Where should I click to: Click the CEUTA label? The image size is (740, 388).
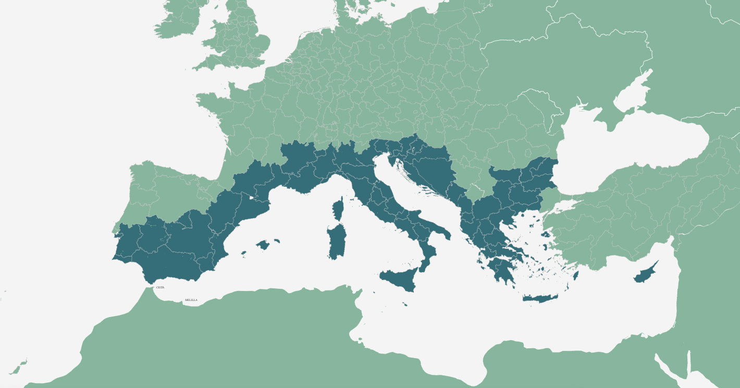point(161,287)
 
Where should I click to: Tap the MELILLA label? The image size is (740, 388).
point(191,300)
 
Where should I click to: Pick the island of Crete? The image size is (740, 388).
point(540,298)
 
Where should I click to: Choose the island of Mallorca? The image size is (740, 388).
point(263,245)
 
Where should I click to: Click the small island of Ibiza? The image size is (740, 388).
point(243,254)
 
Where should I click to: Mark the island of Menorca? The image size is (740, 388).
point(277,240)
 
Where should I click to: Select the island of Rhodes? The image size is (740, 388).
point(576,275)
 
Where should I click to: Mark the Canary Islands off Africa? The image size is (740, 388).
point(18,368)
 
